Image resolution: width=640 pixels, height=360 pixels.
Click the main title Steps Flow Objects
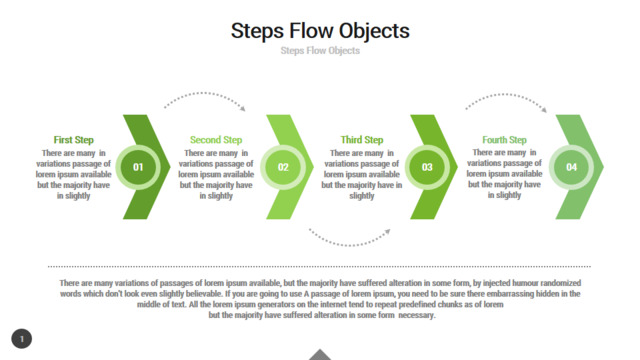pyautogui.click(x=320, y=31)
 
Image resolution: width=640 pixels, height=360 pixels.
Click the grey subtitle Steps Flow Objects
pyautogui.click(x=320, y=51)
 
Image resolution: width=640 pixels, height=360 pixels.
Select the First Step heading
pyautogui.click(x=73, y=140)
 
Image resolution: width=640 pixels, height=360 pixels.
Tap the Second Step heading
pyautogui.click(x=216, y=140)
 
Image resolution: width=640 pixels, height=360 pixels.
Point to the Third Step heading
pyautogui.click(x=362, y=140)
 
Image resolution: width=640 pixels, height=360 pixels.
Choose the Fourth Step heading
pyautogui.click(x=504, y=140)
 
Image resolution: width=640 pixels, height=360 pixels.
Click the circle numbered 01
pyautogui.click(x=138, y=167)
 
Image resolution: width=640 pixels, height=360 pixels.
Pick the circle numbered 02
pyautogui.click(x=283, y=167)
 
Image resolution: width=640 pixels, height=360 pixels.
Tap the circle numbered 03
pyautogui.click(x=427, y=167)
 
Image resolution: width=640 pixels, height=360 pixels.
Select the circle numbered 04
pyautogui.click(x=571, y=167)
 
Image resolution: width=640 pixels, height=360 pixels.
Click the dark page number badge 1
pyautogui.click(x=22, y=339)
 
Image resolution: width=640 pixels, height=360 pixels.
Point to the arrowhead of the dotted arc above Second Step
pyautogui.click(x=243, y=109)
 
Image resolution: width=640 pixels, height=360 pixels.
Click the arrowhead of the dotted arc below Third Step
pyautogui.click(x=388, y=232)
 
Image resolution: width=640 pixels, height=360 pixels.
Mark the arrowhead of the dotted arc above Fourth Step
pyautogui.click(x=544, y=109)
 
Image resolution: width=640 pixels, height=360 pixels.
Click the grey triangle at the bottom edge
pyautogui.click(x=320, y=354)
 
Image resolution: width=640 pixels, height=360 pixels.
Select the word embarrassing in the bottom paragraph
pyautogui.click(x=509, y=294)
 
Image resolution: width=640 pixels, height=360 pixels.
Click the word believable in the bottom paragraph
pyautogui.click(x=203, y=294)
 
